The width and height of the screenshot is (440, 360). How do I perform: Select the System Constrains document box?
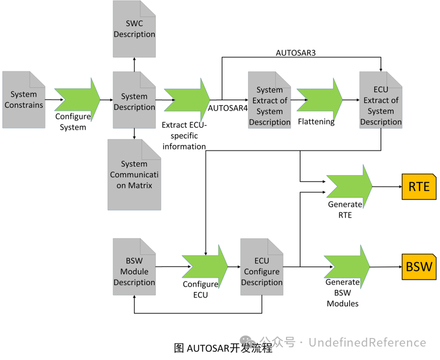click(x=24, y=100)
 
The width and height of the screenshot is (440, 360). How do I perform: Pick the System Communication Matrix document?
click(x=134, y=175)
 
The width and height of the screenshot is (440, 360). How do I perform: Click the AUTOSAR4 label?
click(x=228, y=108)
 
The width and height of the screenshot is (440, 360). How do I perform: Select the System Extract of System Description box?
click(x=269, y=101)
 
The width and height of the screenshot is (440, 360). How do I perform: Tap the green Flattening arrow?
click(x=319, y=100)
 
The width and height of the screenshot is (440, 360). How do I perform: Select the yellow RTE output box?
click(x=419, y=187)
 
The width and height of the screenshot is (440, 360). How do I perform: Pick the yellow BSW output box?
click(x=419, y=267)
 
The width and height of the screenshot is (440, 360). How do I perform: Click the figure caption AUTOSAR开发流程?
click(x=223, y=348)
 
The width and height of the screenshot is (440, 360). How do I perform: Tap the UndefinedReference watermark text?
click(x=367, y=342)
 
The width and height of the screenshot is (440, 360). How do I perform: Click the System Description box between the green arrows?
click(x=134, y=100)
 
